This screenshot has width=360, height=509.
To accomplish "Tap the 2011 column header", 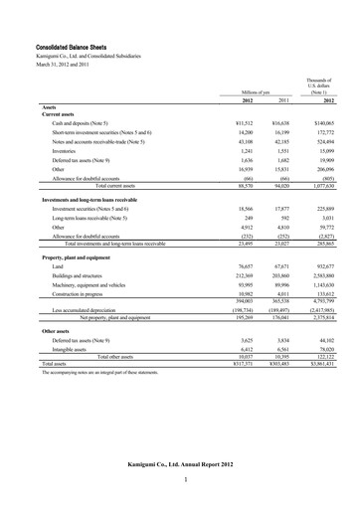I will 284,100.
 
